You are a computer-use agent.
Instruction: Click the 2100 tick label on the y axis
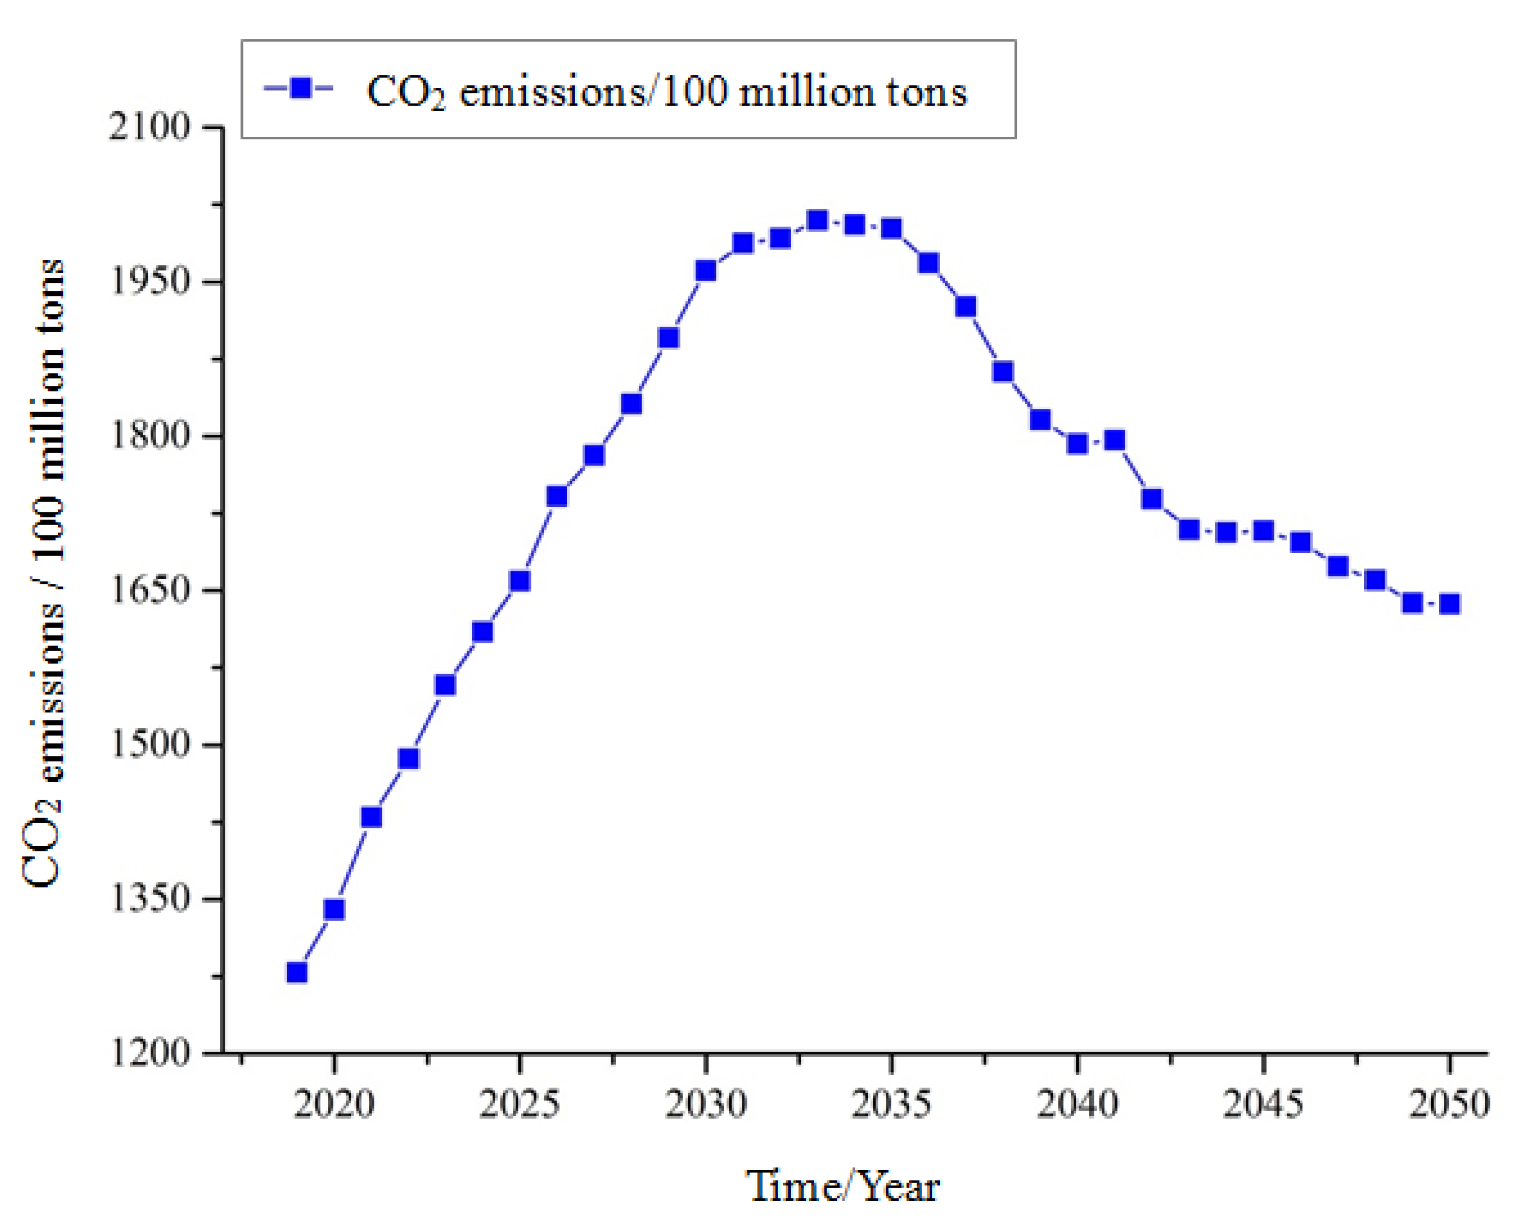pyautogui.click(x=150, y=128)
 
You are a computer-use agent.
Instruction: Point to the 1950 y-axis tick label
pyautogui.click(x=150, y=282)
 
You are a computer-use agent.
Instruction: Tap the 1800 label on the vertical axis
pyautogui.click(x=150, y=435)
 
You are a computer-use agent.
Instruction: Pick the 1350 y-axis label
pyautogui.click(x=150, y=898)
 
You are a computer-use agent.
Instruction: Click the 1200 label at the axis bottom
pyautogui.click(x=150, y=1052)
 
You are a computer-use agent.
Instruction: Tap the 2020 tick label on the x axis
pyautogui.click(x=333, y=1104)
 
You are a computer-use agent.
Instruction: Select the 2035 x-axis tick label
pyautogui.click(x=891, y=1104)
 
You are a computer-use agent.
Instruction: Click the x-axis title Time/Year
pyautogui.click(x=842, y=1186)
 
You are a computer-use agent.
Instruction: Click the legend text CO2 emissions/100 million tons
pyautogui.click(x=666, y=92)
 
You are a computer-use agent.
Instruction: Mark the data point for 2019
pyautogui.click(x=297, y=972)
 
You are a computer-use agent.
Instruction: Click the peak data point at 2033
pyautogui.click(x=817, y=220)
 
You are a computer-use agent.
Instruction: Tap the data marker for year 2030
pyautogui.click(x=706, y=270)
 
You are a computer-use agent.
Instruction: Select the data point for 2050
pyautogui.click(x=1449, y=604)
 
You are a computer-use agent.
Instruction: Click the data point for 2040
pyautogui.click(x=1077, y=444)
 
